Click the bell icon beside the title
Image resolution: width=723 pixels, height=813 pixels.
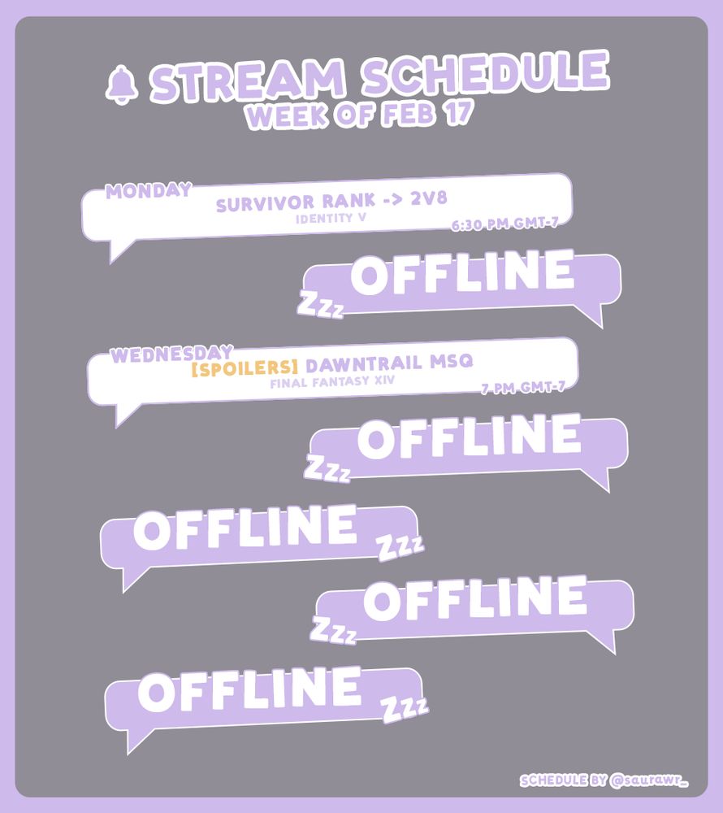tap(122, 84)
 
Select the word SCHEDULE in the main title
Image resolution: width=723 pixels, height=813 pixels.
tap(485, 76)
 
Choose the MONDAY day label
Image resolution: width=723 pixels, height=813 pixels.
tap(148, 191)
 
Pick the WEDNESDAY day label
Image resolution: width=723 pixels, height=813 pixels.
tap(167, 355)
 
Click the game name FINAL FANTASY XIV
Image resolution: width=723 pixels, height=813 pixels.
tap(329, 381)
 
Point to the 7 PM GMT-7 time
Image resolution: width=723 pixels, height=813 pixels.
tap(522, 389)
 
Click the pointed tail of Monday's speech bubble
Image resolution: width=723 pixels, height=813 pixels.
tap(118, 252)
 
